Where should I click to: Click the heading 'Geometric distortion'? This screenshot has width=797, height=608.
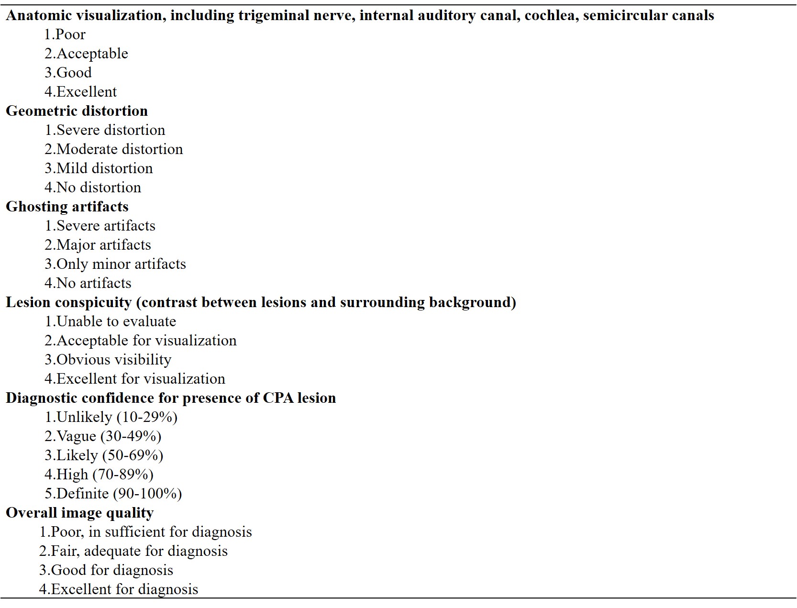(77, 111)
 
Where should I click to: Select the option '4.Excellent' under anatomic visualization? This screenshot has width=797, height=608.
(80, 92)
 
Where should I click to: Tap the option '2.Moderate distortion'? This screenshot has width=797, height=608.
(113, 149)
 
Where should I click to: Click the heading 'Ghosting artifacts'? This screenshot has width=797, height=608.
(67, 207)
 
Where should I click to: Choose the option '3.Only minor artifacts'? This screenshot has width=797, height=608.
(115, 264)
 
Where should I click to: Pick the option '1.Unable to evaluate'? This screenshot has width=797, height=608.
(110, 321)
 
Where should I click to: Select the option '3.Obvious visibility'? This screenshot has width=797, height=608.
(108, 360)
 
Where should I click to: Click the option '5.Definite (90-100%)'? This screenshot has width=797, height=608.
(113, 494)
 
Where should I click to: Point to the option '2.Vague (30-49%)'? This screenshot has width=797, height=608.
(103, 436)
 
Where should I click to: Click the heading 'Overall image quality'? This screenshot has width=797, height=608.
(79, 513)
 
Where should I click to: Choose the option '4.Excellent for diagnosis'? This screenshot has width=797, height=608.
(118, 589)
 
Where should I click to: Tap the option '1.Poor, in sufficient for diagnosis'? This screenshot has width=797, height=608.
(145, 532)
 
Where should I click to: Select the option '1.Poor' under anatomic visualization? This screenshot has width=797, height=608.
(65, 34)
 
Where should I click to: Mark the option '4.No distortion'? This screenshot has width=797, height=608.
(93, 188)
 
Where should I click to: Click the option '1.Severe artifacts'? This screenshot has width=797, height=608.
(100, 226)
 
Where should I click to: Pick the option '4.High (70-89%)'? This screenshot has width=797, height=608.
(99, 475)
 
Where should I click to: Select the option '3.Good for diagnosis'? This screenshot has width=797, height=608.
(106, 570)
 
